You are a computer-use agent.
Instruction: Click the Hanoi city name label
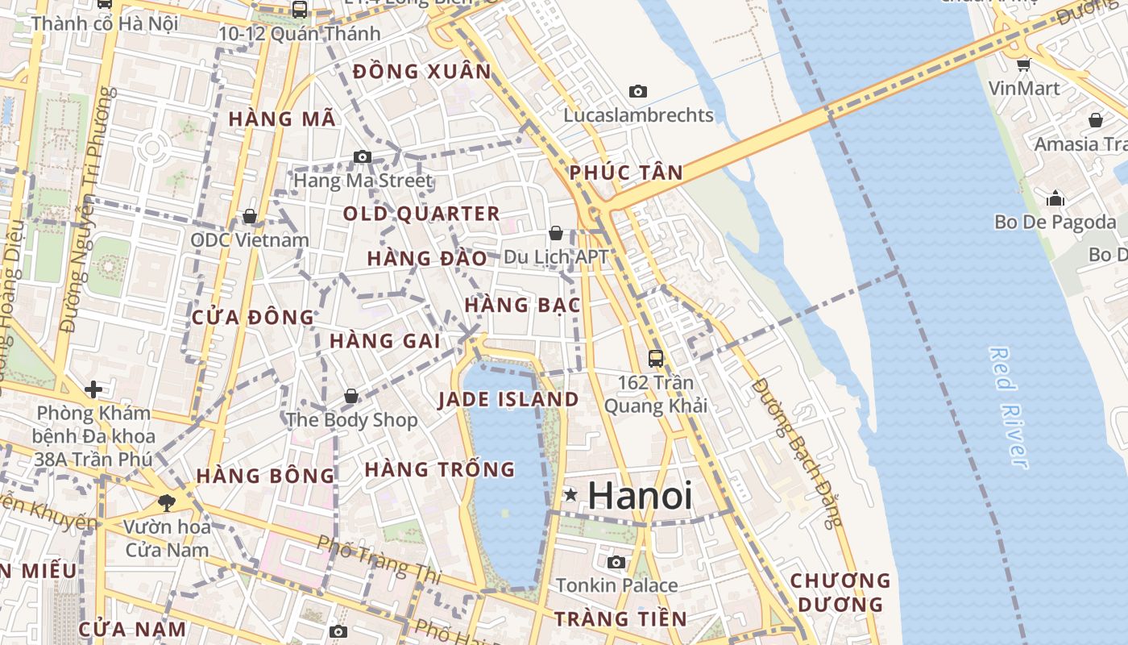pos(640,495)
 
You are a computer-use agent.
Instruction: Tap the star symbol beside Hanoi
pos(570,494)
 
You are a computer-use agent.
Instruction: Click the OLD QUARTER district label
pos(421,214)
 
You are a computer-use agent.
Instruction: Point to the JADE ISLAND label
pos(508,399)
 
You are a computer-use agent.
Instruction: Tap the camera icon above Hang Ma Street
pos(363,156)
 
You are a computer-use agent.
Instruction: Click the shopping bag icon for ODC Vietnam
pos(250,216)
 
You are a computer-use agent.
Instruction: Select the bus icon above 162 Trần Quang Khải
pos(656,359)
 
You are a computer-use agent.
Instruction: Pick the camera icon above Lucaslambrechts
pos(638,92)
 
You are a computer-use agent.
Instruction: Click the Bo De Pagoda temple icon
pos(1055,198)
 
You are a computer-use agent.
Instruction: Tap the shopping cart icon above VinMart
pos(1023,64)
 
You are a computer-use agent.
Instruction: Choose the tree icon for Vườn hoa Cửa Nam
pos(167,503)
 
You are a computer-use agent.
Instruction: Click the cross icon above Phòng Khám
pos(93,390)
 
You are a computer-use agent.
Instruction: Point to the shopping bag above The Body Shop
pos(351,396)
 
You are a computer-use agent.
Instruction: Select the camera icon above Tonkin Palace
pos(616,562)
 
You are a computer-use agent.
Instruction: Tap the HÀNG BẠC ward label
pos(522,305)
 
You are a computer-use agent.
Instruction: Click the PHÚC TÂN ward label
pos(625,172)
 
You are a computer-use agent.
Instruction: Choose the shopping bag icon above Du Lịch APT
pos(555,234)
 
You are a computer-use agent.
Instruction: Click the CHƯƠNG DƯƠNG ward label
pos(840,592)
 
